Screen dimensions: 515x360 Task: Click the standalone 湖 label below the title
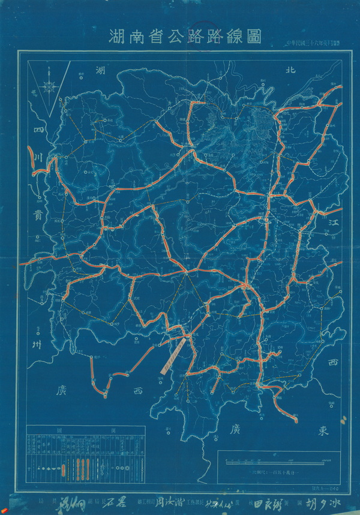click(x=101, y=70)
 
